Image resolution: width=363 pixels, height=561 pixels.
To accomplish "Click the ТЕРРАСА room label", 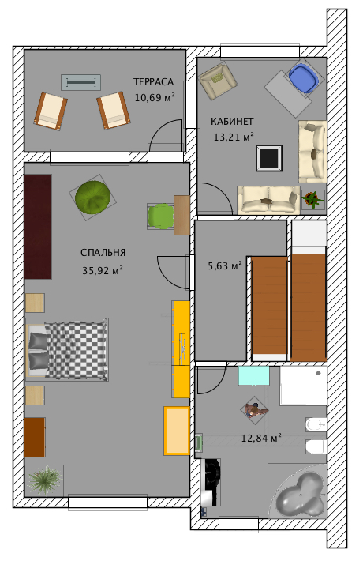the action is (x=153, y=82).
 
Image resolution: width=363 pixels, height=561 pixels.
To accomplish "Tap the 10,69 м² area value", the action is (x=155, y=97).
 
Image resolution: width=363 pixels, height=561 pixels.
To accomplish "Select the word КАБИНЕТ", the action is (x=232, y=122).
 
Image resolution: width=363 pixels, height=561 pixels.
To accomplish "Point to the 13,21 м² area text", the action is (x=234, y=137).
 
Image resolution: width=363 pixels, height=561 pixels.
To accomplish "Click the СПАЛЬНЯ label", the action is (x=103, y=253).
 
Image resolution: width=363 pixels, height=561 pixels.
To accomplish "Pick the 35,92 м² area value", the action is (x=103, y=270).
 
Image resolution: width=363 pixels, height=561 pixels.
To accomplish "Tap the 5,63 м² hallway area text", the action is (x=225, y=265).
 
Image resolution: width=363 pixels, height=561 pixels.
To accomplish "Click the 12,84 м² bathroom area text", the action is (x=261, y=438).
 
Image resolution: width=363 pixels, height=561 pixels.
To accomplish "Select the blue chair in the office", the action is (x=304, y=78).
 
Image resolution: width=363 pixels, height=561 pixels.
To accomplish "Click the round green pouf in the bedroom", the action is (x=92, y=197).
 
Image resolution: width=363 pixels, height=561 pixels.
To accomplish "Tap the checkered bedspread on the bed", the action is (x=76, y=349).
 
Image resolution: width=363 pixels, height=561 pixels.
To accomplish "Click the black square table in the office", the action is (x=269, y=158).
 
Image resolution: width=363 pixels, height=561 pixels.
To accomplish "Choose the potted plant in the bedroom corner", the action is (x=44, y=480).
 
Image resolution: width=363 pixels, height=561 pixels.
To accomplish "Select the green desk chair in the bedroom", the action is (x=160, y=216).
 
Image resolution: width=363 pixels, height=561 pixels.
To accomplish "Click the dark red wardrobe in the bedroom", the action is (x=38, y=227).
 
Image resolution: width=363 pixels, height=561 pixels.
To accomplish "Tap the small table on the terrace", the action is (x=80, y=83).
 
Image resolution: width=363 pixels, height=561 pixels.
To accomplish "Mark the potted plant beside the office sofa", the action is (x=313, y=199).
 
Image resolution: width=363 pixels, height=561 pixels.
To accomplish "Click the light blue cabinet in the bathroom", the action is (x=254, y=375).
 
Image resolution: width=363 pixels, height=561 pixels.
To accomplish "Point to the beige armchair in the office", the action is (x=218, y=80).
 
